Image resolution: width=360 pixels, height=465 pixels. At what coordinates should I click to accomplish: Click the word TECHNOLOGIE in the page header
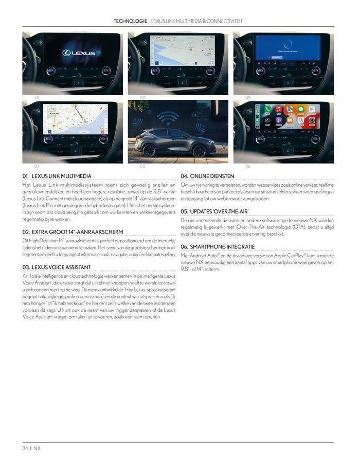[x=130, y=21]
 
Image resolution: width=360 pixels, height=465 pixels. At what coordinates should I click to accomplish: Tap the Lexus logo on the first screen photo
[x=76, y=53]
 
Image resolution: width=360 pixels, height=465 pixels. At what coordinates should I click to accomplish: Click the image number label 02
[x=142, y=97]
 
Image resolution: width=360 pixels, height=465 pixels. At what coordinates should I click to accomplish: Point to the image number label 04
[x=37, y=166]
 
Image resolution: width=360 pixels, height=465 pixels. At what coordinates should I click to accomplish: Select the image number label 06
[x=248, y=166]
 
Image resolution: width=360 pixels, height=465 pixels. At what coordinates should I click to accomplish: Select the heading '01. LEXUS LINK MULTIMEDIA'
[x=57, y=176]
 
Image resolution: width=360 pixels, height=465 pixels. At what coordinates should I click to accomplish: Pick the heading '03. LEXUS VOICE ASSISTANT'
[x=57, y=267]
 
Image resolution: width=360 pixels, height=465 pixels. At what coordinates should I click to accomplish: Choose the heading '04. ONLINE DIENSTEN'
[x=207, y=176]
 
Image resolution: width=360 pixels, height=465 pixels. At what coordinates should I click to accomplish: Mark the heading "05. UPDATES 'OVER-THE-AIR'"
[x=214, y=211]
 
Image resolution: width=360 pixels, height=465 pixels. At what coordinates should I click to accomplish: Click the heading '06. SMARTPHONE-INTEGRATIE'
[x=218, y=247]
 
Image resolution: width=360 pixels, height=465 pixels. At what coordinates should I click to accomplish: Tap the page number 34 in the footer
[x=25, y=448]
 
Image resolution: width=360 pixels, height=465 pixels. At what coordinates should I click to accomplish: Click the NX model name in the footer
[x=38, y=448]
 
